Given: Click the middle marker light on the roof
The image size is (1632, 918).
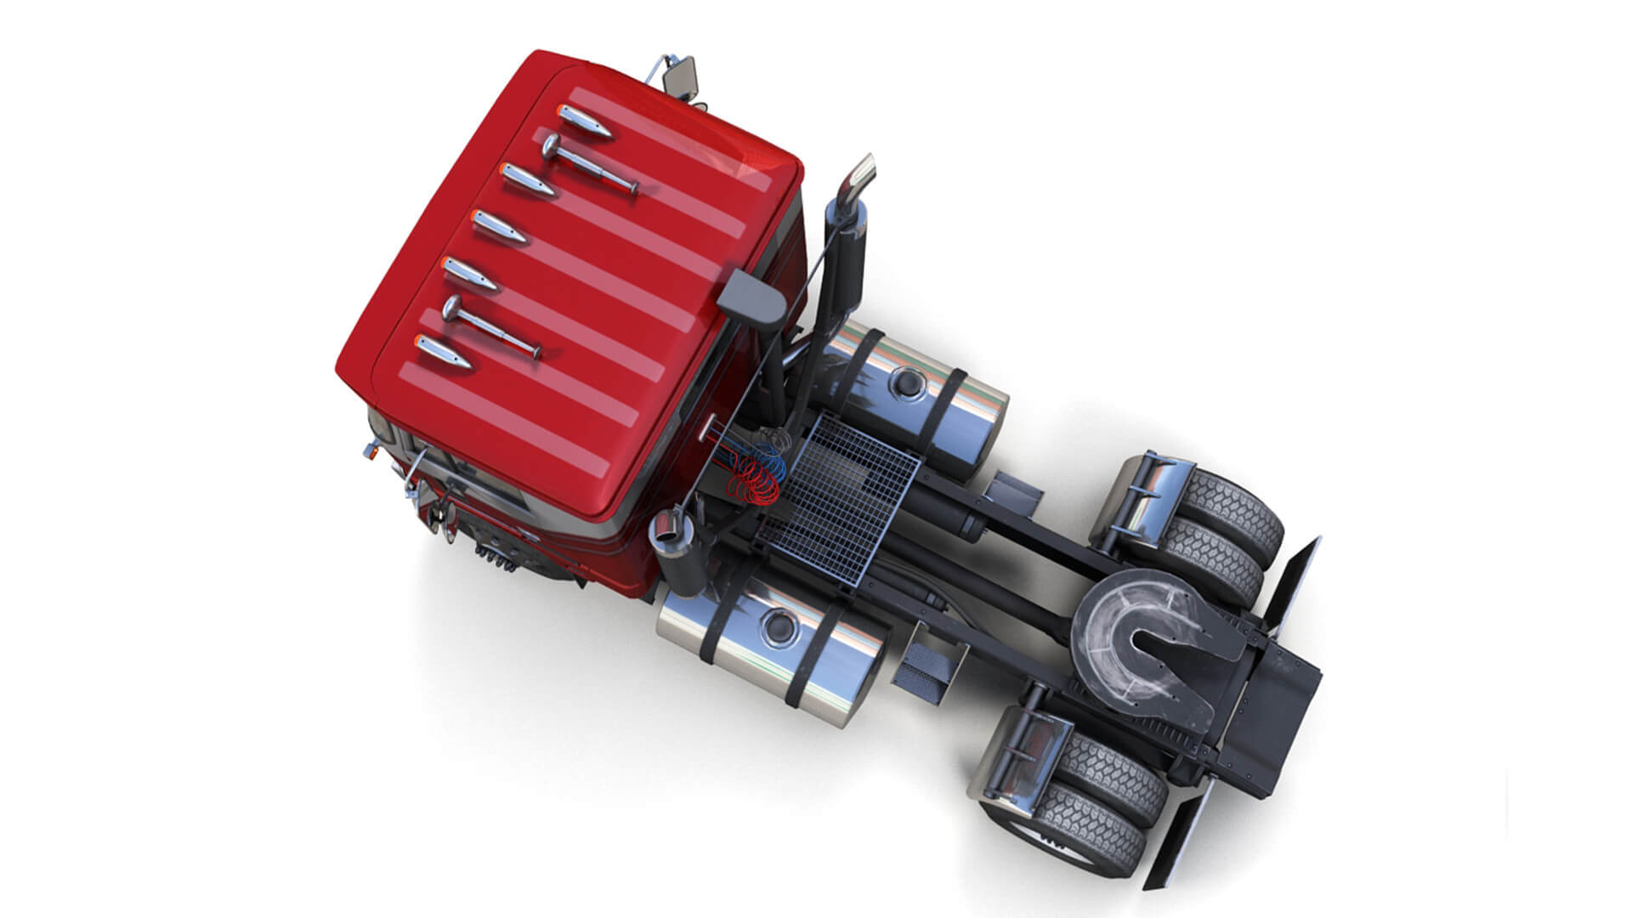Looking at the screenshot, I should tap(500, 227).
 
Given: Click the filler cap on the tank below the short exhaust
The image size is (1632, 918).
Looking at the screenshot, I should tap(778, 626).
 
